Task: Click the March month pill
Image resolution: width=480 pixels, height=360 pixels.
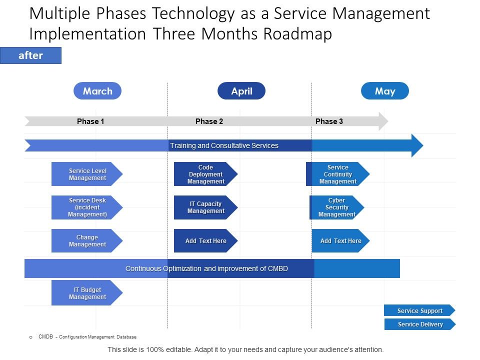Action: tap(97, 91)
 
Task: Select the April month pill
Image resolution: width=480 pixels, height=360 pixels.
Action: tap(241, 91)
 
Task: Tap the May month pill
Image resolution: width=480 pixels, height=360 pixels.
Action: tap(385, 91)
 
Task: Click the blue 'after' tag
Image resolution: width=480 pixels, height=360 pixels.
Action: tap(30, 55)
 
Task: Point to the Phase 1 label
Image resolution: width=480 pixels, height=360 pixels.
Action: tap(90, 121)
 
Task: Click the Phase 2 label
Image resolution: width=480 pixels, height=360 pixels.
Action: tap(209, 121)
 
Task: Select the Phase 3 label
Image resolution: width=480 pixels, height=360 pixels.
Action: tap(329, 121)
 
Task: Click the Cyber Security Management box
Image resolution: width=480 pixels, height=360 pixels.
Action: tap(336, 207)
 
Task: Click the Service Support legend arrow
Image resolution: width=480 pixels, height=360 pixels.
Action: tap(419, 310)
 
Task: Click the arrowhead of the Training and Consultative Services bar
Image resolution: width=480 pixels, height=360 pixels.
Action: tap(417, 145)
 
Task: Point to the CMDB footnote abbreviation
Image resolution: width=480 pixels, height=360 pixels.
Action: tap(45, 337)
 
